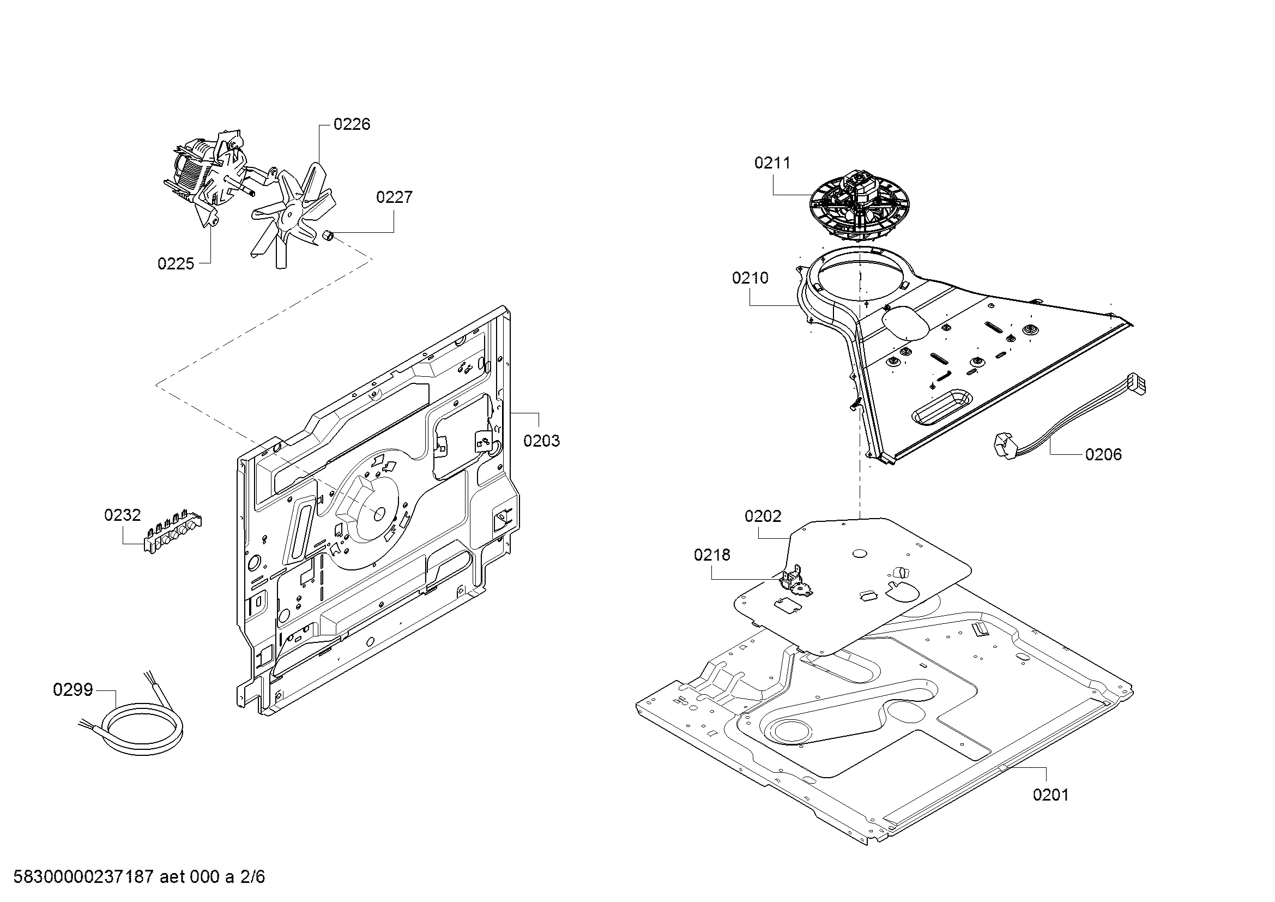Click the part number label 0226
click(352, 124)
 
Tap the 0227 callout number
click(394, 197)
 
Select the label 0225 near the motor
click(176, 264)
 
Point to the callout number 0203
click(541, 441)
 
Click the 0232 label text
click(123, 515)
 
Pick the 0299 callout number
click(72, 690)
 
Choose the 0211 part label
click(772, 163)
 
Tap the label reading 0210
click(750, 278)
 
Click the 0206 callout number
click(1103, 454)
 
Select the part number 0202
click(763, 516)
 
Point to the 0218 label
click(712, 555)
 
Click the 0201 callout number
click(1050, 795)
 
